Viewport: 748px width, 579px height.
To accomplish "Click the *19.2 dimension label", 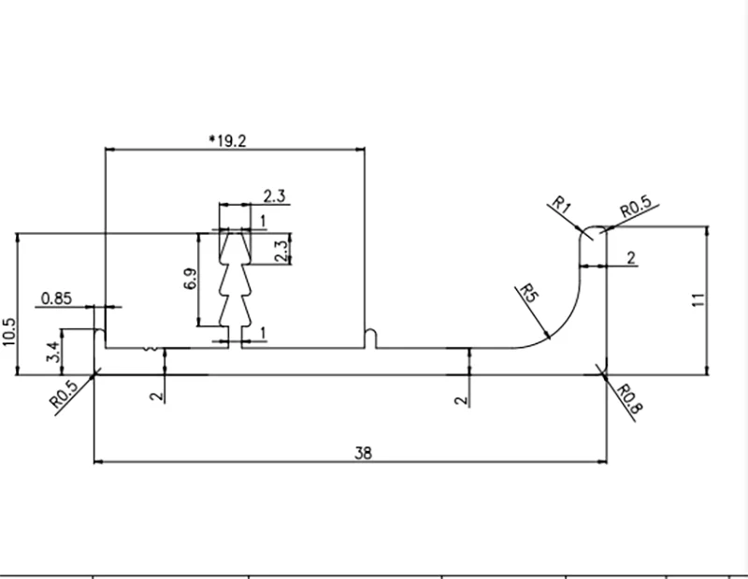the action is (228, 141).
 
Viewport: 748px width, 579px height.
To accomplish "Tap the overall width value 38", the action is (363, 453).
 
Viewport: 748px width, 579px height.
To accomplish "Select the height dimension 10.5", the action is (9, 332).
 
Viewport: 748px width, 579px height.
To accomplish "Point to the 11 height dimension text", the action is (698, 299).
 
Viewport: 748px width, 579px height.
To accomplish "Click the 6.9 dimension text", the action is (191, 279).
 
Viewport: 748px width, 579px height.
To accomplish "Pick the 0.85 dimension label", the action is (56, 298).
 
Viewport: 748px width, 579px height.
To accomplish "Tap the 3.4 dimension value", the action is (53, 352).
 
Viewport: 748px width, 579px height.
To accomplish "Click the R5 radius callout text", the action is (528, 293).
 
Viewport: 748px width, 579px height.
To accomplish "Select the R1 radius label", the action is (562, 205).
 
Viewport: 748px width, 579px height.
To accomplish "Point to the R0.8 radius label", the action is (629, 399).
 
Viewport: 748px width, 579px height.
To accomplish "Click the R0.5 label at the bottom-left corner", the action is (64, 394).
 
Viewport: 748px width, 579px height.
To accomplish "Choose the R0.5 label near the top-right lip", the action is (636, 207).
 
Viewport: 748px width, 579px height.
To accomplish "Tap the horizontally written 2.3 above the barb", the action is (274, 195).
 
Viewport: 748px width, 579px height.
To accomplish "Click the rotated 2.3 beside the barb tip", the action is (282, 251).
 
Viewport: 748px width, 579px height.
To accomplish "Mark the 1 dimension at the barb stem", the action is (263, 333).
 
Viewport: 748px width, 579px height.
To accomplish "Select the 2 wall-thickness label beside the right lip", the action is (631, 258).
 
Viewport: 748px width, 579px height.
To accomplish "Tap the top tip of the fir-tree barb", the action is (235, 234).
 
